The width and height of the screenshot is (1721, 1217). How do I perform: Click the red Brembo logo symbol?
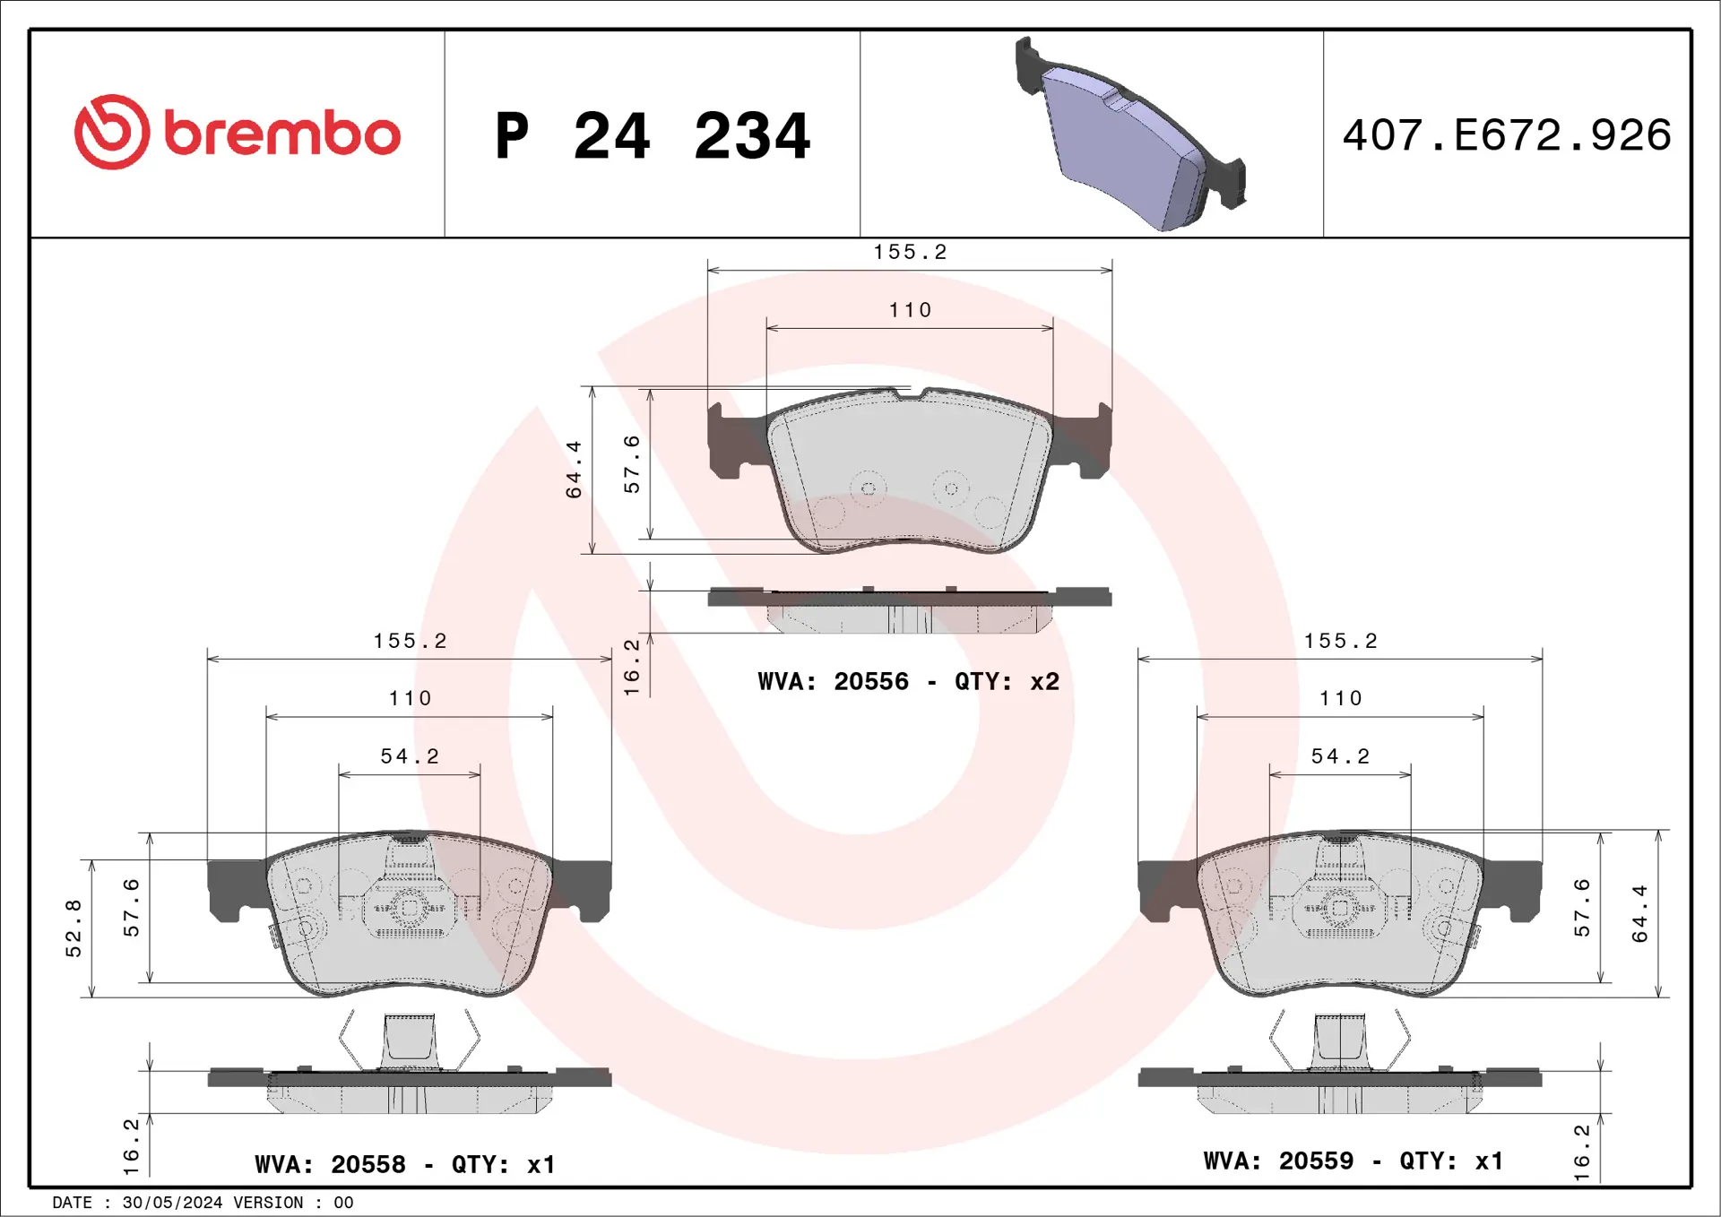(112, 132)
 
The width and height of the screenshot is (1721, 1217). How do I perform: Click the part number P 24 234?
(653, 136)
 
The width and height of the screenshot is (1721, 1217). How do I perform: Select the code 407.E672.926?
(1507, 135)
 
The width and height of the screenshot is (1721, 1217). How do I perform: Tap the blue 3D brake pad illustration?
(1130, 134)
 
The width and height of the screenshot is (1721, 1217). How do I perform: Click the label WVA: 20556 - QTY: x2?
(908, 682)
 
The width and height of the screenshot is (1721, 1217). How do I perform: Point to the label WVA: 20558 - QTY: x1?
(405, 1164)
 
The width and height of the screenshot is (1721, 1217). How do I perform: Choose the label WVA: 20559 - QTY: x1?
(1353, 1161)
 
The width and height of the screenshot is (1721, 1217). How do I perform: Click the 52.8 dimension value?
(74, 928)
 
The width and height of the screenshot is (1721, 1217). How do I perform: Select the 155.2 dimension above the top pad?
(910, 252)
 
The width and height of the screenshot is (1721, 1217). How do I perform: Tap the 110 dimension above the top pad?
(910, 310)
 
